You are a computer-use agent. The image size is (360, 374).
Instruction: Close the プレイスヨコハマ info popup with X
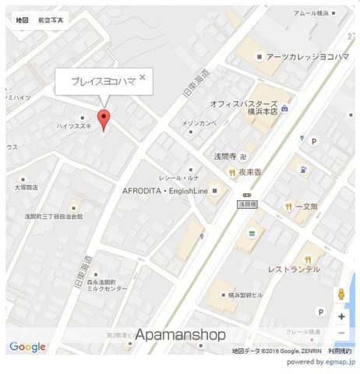tap(143, 77)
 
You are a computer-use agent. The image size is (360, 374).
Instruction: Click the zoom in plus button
tap(341, 317)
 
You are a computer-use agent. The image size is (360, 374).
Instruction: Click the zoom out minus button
tap(341, 333)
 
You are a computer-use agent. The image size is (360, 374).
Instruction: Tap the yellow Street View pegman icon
tap(341, 295)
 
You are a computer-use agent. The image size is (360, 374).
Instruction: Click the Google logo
tap(27, 347)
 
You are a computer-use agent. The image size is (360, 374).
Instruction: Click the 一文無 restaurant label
tap(309, 206)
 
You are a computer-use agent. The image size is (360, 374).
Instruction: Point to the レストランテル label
tap(294, 268)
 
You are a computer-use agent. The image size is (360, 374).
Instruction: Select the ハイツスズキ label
tap(74, 125)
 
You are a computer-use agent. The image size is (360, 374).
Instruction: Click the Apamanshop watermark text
tap(180, 335)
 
